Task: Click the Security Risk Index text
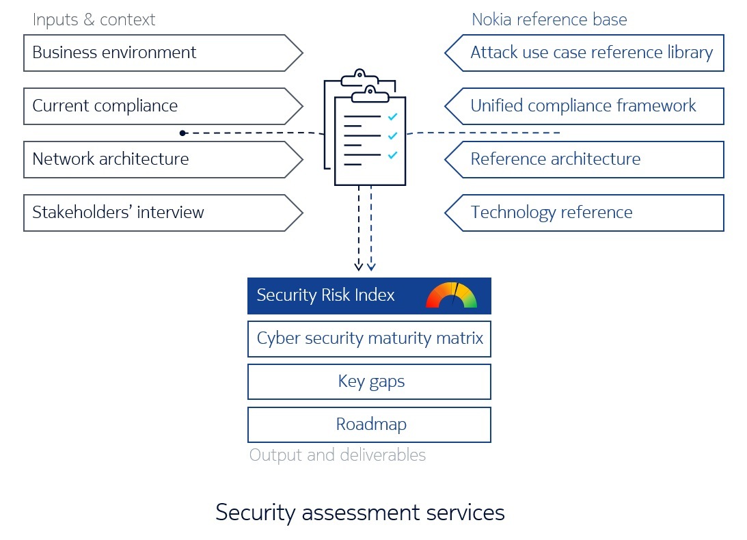(326, 295)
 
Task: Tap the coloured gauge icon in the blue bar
(452, 295)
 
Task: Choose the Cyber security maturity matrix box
(369, 338)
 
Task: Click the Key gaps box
(369, 381)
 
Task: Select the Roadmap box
(369, 424)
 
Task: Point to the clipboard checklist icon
(365, 130)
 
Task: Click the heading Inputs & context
(94, 20)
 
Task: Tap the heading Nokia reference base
(549, 20)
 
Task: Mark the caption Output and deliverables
(338, 455)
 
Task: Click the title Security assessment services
(360, 513)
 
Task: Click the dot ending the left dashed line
(182, 133)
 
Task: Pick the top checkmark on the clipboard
(392, 117)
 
